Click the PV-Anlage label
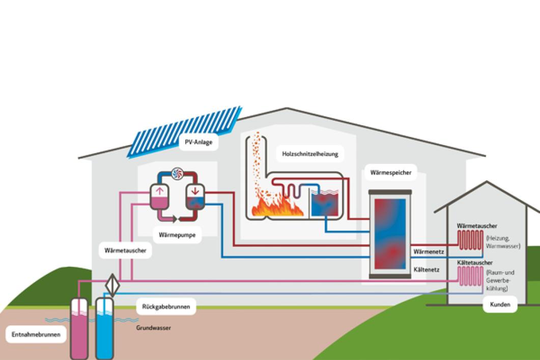198,142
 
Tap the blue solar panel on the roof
185,132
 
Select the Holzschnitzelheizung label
310,154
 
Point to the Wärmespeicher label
391,172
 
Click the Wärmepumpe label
177,235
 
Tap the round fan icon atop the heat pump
177,173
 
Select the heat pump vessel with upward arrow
159,197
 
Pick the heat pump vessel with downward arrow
195,197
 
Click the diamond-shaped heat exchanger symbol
112,285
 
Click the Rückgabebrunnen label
166,306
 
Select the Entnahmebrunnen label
36,334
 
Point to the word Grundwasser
154,327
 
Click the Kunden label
500,304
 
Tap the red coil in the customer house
470,240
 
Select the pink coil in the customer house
470,276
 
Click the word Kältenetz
427,270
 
